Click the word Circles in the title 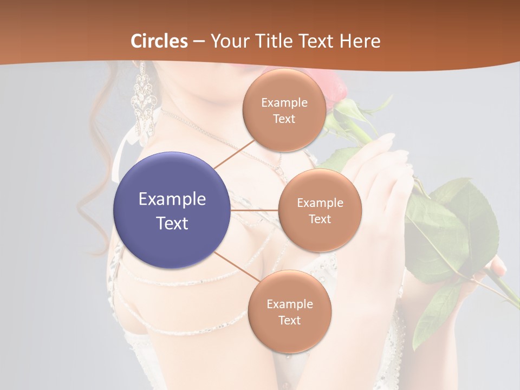point(159,41)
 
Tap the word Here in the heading point(360,41)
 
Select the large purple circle point(172,210)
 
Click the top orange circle point(284,110)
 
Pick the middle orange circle point(320,210)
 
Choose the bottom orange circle point(289,312)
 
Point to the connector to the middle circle point(255,210)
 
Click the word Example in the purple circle point(172,199)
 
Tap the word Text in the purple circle point(172,223)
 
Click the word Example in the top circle point(284,102)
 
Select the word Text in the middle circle point(320,219)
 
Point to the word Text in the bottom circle point(289,320)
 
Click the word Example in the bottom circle point(289,304)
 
